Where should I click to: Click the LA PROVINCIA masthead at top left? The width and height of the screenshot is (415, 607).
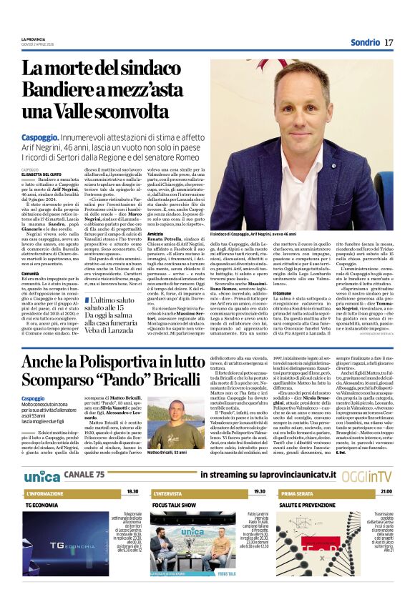[32, 39]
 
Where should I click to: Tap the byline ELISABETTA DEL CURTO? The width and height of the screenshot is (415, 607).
[40, 173]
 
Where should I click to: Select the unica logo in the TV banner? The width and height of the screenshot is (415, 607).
[42, 475]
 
